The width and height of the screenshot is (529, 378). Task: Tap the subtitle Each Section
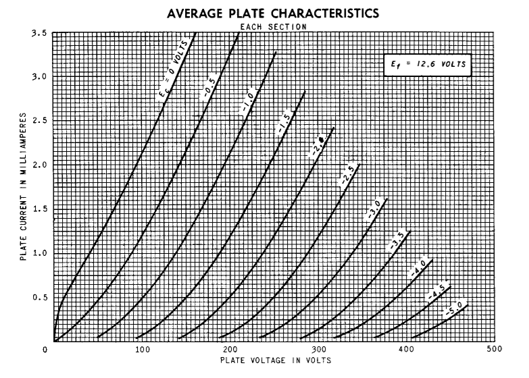coord(272,26)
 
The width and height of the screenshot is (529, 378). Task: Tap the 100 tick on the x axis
coord(141,349)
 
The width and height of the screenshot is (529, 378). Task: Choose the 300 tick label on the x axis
coord(318,349)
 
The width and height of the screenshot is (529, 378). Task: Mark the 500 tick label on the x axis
coord(494,349)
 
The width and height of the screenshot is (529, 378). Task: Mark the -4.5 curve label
coord(437,292)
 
